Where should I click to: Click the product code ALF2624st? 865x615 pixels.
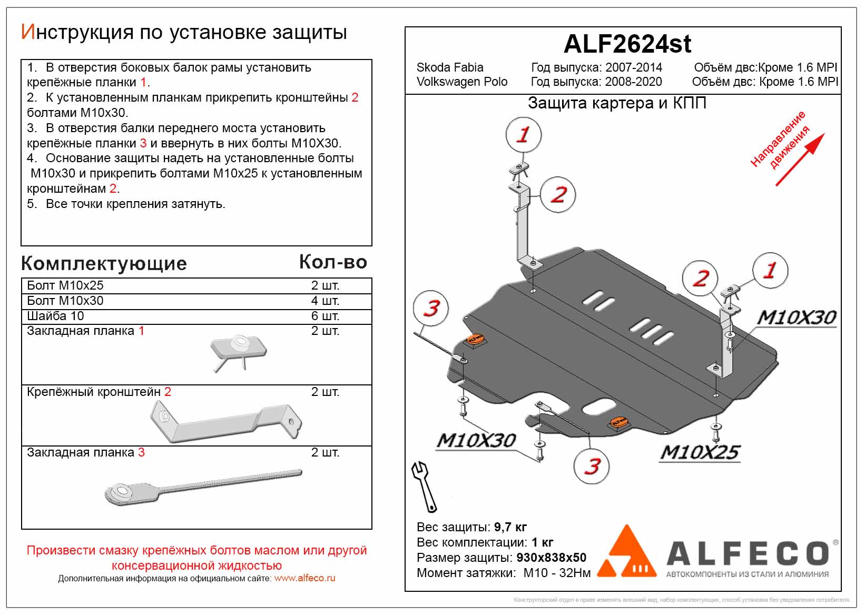point(627,44)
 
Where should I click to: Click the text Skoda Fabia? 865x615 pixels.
point(449,67)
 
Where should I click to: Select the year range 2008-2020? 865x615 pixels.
point(633,82)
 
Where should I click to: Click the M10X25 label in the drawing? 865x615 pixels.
point(700,452)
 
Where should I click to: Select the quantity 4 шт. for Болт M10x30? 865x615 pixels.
point(325,301)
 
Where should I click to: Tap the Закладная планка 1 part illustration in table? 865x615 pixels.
point(238,351)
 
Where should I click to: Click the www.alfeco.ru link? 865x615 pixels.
point(304,578)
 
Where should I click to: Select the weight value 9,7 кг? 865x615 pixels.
point(510,527)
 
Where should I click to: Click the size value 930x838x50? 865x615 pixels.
point(551,558)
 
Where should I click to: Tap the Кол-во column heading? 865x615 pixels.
point(333,262)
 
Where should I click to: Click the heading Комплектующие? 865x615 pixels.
point(104,263)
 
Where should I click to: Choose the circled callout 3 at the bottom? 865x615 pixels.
point(592,466)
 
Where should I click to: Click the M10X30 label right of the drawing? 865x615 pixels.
point(796,317)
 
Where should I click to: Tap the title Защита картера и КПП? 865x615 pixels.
point(616,103)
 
